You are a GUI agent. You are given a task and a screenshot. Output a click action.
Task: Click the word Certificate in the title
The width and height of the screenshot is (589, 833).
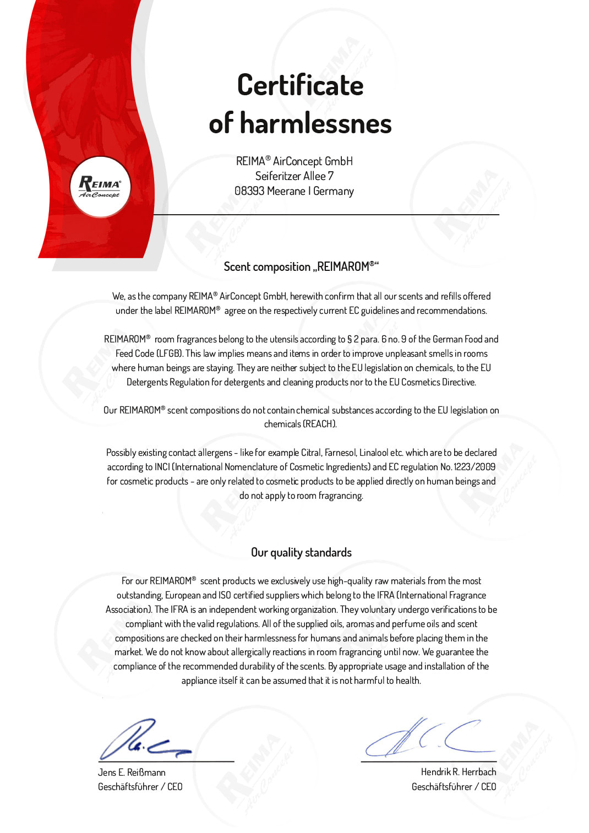(300, 86)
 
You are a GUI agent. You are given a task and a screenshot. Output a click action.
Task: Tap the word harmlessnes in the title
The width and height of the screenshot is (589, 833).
(315, 123)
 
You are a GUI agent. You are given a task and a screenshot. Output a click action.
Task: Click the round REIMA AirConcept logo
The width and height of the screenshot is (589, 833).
(100, 187)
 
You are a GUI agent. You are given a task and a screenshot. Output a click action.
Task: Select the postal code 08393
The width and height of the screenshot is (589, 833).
(249, 191)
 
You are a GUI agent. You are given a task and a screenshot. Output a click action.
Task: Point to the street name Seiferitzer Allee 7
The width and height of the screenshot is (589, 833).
(294, 176)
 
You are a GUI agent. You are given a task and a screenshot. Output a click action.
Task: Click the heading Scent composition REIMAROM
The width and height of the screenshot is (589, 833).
(301, 267)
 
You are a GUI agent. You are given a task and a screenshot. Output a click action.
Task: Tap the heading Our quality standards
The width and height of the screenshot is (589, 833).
(301, 552)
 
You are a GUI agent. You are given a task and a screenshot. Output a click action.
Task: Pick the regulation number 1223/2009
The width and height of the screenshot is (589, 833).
(475, 467)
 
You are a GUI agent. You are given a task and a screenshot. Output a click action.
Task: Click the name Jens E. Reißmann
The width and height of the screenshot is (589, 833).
(132, 772)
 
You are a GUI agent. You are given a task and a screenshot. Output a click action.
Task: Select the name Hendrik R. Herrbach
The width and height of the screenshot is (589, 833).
(459, 772)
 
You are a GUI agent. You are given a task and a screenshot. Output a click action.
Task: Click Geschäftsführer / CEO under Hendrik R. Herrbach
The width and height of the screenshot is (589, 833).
(454, 787)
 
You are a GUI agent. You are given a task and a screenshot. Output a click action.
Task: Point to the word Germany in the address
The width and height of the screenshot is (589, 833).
(334, 191)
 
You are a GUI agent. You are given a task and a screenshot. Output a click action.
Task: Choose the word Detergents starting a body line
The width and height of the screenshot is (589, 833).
(147, 382)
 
